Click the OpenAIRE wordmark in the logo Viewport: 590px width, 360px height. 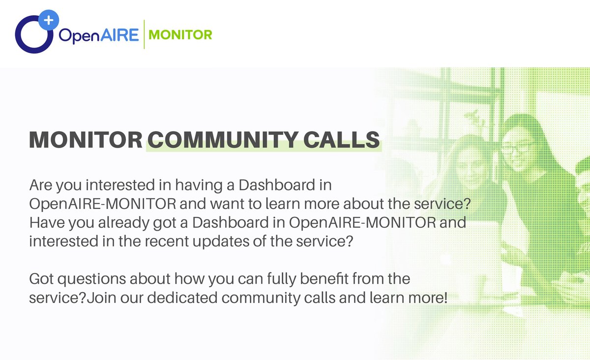[99, 35]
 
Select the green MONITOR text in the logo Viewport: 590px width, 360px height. [180, 35]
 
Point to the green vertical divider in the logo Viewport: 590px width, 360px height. [144, 34]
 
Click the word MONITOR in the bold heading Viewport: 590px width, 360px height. [86, 140]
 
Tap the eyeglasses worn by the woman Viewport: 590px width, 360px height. [518, 148]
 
